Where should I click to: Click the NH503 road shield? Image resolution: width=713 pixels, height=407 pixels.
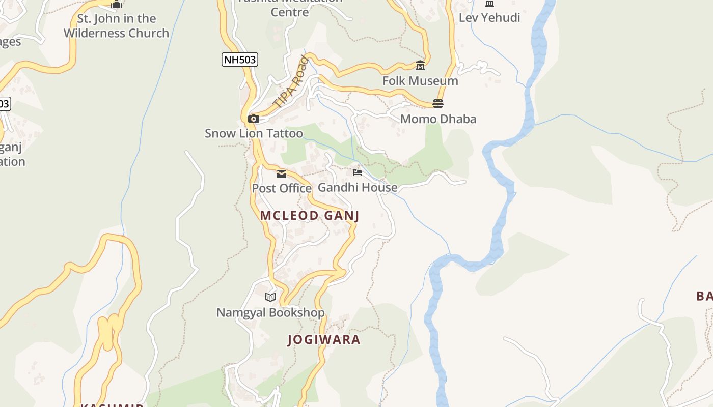[240, 60]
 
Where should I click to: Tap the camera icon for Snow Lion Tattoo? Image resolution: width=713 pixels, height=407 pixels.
[253, 119]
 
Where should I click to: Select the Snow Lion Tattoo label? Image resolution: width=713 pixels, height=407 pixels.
[254, 133]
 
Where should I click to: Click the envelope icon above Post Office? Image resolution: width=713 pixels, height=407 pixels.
[282, 174]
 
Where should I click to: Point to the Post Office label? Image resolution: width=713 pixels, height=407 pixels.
[282, 188]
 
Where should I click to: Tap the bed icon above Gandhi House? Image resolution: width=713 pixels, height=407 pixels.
[358, 172]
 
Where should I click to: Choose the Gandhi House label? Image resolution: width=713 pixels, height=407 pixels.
[358, 187]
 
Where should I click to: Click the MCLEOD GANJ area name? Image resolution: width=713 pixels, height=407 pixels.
[310, 216]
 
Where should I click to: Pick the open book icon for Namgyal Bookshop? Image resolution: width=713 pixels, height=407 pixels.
[270, 297]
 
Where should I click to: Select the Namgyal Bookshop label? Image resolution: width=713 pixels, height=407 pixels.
[270, 312]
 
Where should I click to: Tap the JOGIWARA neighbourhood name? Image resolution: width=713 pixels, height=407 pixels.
[324, 340]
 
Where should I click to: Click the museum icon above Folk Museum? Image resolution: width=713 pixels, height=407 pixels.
[420, 66]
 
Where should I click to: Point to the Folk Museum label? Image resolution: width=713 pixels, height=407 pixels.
[420, 81]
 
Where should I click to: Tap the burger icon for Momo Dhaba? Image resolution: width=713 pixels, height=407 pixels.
[438, 104]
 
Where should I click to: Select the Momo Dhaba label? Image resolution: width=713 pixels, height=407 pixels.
[438, 119]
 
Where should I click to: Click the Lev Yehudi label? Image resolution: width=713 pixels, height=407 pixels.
[489, 18]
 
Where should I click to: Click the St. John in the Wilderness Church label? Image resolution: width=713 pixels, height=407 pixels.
[117, 26]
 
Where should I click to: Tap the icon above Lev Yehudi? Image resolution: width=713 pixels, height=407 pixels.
[489, 4]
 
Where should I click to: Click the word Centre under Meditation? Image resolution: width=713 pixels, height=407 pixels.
[290, 12]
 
